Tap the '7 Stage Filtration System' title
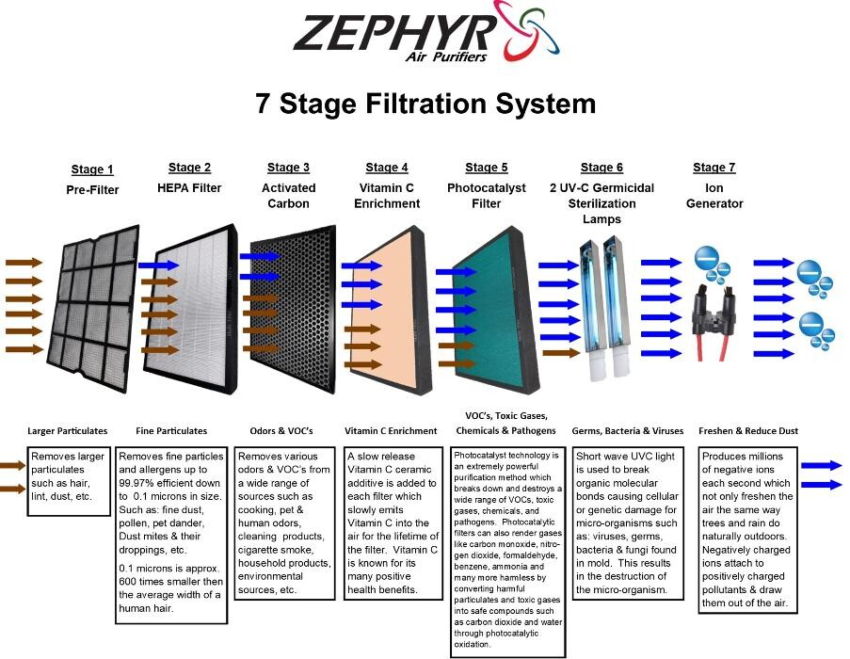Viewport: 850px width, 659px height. click(x=425, y=104)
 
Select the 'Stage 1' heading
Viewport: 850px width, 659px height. click(x=92, y=169)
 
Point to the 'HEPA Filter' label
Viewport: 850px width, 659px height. click(x=189, y=188)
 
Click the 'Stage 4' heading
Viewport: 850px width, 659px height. click(x=387, y=168)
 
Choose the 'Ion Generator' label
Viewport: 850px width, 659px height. click(x=714, y=196)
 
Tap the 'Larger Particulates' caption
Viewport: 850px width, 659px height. click(x=68, y=430)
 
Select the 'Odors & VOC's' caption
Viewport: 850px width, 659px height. click(x=281, y=430)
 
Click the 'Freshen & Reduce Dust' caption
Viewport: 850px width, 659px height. click(x=748, y=430)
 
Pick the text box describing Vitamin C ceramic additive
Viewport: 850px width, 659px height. click(x=393, y=522)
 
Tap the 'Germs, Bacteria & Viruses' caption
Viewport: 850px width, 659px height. click(x=628, y=430)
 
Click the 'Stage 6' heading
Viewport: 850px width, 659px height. click(x=601, y=168)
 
